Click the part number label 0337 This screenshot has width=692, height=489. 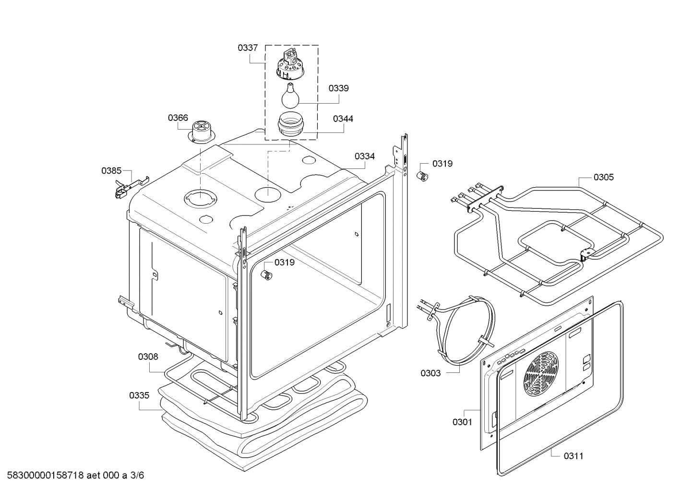click(x=248, y=48)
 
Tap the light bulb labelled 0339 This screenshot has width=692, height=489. click(x=289, y=96)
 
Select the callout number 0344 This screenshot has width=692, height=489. click(x=343, y=119)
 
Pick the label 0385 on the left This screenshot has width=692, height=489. click(x=111, y=170)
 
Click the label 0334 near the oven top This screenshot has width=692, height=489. click(x=365, y=156)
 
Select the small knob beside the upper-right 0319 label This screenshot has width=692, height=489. click(x=423, y=176)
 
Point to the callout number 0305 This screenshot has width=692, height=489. click(x=603, y=178)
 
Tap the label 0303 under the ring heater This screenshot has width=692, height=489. click(x=430, y=373)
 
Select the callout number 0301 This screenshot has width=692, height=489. click(x=462, y=422)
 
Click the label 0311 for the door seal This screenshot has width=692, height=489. click(x=573, y=456)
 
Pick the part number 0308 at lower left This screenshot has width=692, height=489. click(x=148, y=357)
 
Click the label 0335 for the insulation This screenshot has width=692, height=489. click(x=139, y=396)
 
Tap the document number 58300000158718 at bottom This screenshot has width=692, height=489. click(x=46, y=476)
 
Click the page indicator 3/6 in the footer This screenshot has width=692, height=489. click(x=137, y=476)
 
